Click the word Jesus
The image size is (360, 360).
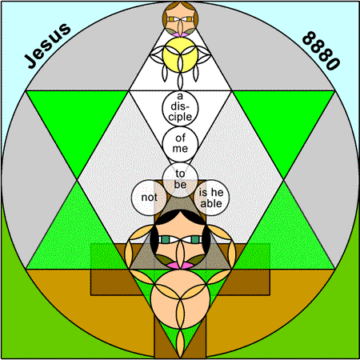pos(47,46)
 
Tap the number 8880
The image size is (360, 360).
pos(322,50)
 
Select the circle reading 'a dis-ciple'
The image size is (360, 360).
pos(180,108)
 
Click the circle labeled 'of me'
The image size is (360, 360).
pos(180,144)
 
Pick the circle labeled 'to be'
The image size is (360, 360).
pos(180,180)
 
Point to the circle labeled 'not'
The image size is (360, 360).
pos(149,198)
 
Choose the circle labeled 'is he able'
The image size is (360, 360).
pos(211,198)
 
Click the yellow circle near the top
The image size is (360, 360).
pos(180,54)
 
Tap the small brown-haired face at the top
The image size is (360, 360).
pos(180,18)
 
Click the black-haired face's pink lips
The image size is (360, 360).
pos(180,265)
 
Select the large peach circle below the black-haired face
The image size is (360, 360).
pos(180,298)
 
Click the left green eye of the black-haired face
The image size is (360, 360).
pos(166,239)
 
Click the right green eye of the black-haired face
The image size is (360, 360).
pos(195,239)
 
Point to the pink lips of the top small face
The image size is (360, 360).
pos(180,34)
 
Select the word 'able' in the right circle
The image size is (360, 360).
pos(211,203)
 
